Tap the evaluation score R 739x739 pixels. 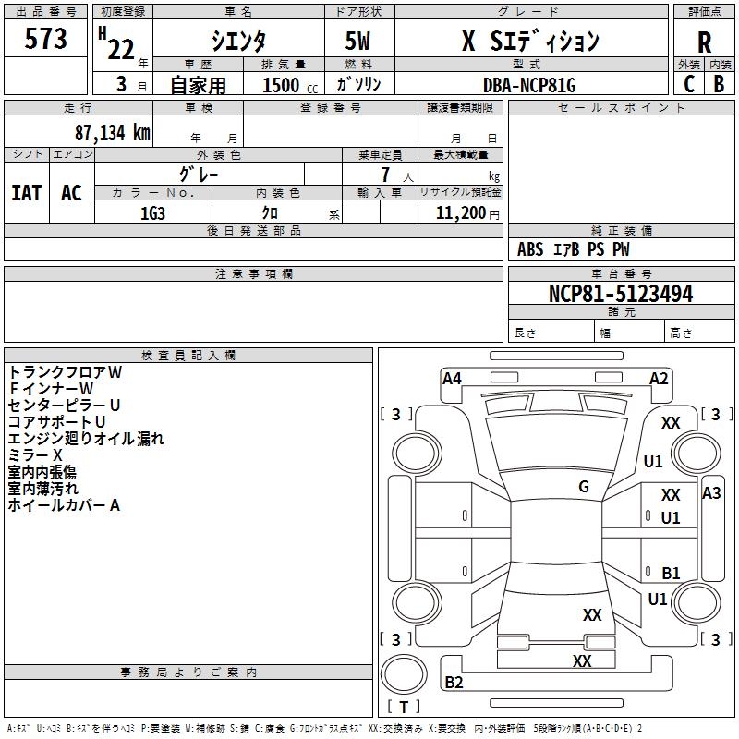pyautogui.click(x=704, y=42)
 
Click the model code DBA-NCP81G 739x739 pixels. pyautogui.click(x=529, y=85)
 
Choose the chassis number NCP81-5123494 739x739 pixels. pyautogui.click(x=620, y=294)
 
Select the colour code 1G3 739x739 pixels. pyautogui.click(x=152, y=212)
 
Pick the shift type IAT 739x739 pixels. pyautogui.click(x=26, y=192)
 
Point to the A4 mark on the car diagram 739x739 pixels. pyautogui.click(x=452, y=378)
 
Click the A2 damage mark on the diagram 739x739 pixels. pyautogui.click(x=659, y=378)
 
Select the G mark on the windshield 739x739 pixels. pyautogui.click(x=584, y=487)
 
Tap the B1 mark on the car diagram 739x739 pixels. pyautogui.click(x=671, y=573)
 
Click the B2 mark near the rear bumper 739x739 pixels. pyautogui.click(x=454, y=683)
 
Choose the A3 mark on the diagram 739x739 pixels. pyautogui.click(x=711, y=493)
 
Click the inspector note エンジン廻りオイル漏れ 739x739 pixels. pyautogui.click(x=86, y=439)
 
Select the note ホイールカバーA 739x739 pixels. pyautogui.click(x=64, y=505)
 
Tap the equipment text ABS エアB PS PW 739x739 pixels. pyautogui.click(x=573, y=249)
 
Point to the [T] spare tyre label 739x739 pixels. pyautogui.click(x=404, y=708)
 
